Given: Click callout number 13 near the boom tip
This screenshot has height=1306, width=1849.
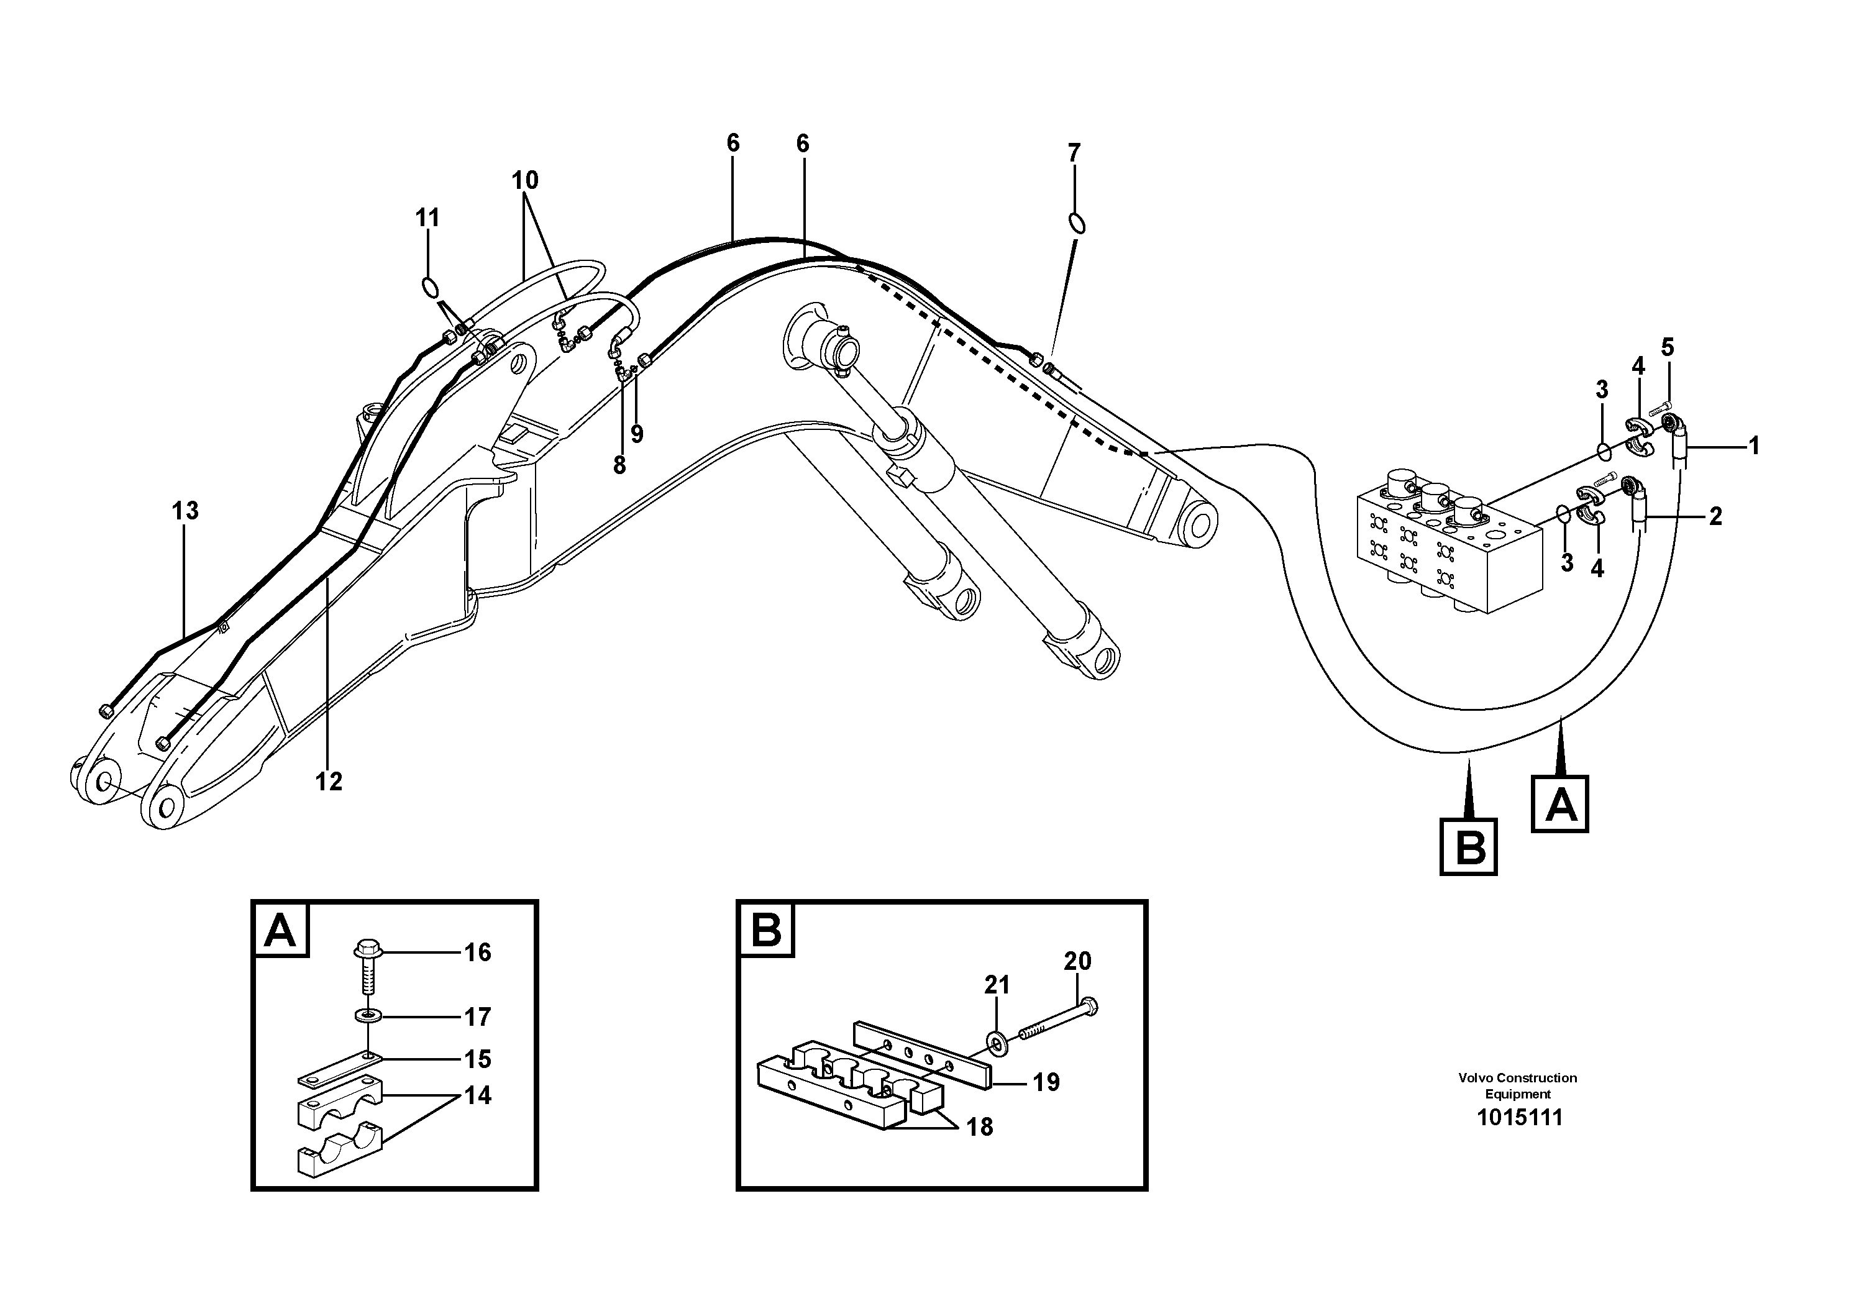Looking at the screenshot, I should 185,511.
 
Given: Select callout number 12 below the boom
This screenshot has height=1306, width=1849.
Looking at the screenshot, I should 329,781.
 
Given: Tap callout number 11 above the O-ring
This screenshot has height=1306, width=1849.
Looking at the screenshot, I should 427,217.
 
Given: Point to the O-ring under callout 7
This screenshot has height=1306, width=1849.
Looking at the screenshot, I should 1077,223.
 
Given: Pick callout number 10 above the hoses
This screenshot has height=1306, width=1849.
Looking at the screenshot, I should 524,180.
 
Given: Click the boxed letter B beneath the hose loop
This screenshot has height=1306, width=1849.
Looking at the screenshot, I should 1468,846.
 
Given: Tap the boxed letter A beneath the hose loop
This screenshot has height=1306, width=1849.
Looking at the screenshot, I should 1560,803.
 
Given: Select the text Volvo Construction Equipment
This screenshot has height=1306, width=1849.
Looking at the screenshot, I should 1517,1085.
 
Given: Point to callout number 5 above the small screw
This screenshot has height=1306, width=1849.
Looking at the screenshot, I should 1667,348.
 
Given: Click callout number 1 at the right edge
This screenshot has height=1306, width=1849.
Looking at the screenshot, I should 1753,446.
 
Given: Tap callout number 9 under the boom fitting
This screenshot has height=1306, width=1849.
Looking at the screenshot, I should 637,435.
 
